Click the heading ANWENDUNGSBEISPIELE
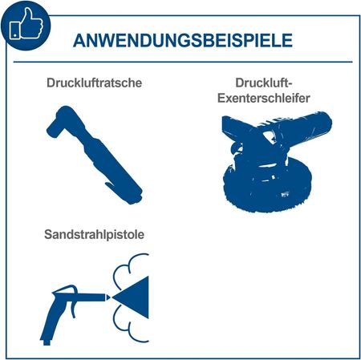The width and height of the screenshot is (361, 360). pos(183,41)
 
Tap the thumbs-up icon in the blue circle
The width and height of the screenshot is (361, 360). pos(26,24)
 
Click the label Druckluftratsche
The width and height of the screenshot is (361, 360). pos(94,83)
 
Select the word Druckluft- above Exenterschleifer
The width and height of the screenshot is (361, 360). pos(263,83)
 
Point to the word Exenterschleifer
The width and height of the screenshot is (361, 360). pos(263,98)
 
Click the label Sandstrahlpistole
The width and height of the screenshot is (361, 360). pos(94,234)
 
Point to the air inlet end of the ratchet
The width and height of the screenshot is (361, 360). pos(135,197)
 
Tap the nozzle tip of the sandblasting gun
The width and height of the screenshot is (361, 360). pos(108,297)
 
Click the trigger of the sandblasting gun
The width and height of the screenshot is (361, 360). pos(73,309)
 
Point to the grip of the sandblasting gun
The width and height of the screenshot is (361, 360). pos(54,319)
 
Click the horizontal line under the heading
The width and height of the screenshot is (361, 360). pos(183,62)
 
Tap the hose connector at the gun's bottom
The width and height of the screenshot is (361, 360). pos(47,342)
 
